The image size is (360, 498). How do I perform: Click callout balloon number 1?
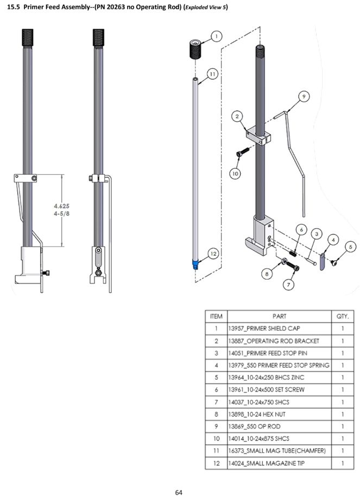(x=217, y=36)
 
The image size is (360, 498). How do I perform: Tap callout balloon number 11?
(x=212, y=73)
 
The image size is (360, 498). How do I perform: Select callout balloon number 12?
(x=213, y=253)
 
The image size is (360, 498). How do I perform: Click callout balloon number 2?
(x=237, y=116)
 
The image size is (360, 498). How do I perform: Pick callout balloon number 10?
(x=235, y=174)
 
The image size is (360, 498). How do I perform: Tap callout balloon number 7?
(x=289, y=283)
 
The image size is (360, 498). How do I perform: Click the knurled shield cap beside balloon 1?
(x=197, y=51)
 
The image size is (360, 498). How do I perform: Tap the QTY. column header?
(x=343, y=316)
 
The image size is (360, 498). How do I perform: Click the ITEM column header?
(x=216, y=316)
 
